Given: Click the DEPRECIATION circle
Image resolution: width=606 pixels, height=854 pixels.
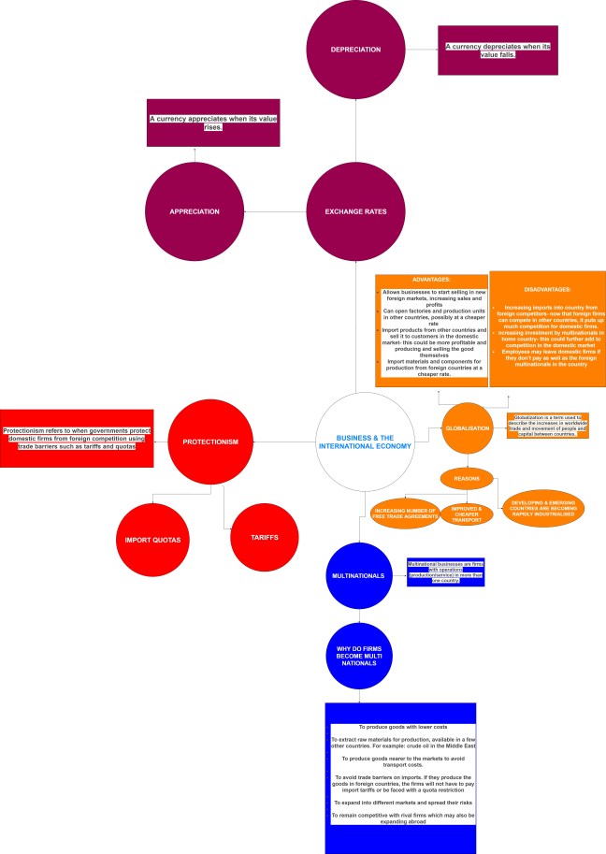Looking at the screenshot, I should [356, 50].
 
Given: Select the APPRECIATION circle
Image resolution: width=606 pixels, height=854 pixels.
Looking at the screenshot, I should [195, 211].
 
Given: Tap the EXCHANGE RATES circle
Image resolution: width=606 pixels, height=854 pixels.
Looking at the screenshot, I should [356, 211].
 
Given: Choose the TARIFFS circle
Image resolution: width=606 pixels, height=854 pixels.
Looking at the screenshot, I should [265, 538].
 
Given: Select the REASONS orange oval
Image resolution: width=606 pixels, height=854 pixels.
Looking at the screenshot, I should [467, 478].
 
